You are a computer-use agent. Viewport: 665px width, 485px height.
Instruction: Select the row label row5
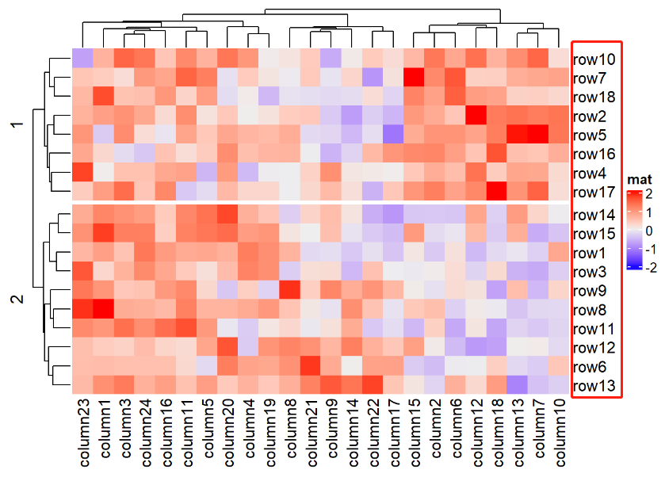591,136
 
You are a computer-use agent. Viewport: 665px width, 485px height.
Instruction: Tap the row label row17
594,193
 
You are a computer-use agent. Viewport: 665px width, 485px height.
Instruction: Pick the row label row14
594,216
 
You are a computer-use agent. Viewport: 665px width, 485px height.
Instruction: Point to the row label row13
594,387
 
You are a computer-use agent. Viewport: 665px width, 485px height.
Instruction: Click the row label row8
591,311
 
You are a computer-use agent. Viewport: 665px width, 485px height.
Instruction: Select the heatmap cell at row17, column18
496,192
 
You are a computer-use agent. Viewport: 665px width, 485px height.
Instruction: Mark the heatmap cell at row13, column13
517,386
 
